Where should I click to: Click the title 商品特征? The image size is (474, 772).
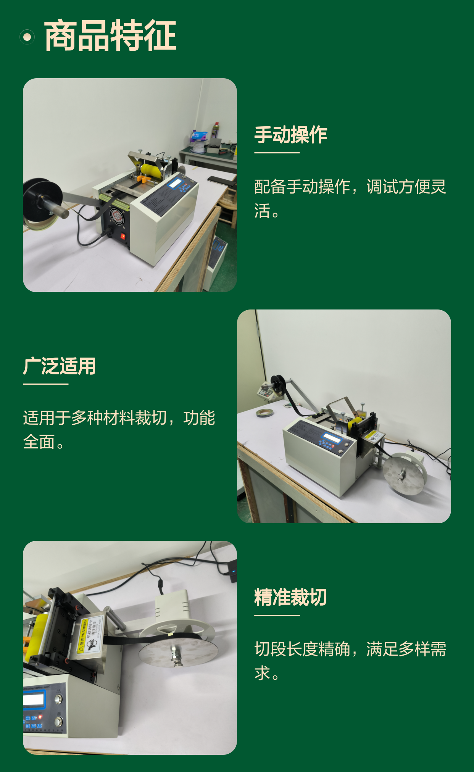click(110, 36)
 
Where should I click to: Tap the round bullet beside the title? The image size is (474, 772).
click(27, 37)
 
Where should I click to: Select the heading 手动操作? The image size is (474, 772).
click(291, 135)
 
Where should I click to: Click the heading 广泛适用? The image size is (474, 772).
click(59, 366)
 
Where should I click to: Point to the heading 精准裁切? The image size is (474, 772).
click(291, 597)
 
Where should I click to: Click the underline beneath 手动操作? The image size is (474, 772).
click(277, 153)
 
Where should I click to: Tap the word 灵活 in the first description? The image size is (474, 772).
click(350, 198)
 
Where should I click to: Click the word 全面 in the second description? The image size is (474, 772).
click(39, 442)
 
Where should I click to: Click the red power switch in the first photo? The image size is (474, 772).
click(123, 236)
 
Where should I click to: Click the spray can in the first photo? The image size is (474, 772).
click(215, 130)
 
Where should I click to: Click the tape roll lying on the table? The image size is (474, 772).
click(266, 413)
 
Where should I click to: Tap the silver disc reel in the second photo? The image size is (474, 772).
click(405, 474)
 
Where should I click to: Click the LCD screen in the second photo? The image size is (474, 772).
click(332, 438)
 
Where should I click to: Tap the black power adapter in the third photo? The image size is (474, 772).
click(232, 571)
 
